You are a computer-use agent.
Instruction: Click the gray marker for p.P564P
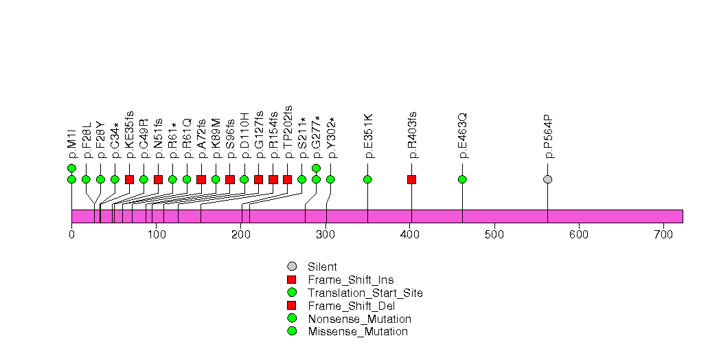(x=547, y=179)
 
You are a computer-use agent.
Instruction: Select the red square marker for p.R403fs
(x=411, y=179)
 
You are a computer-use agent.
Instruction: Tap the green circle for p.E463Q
(x=462, y=179)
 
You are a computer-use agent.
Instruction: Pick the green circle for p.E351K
(x=367, y=179)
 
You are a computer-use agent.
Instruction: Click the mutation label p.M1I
(x=71, y=146)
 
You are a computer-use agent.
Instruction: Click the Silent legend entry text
(x=322, y=267)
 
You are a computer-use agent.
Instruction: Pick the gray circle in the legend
(x=291, y=267)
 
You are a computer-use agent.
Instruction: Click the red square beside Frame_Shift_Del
(x=291, y=306)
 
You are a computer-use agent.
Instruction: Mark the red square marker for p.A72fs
(x=201, y=179)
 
